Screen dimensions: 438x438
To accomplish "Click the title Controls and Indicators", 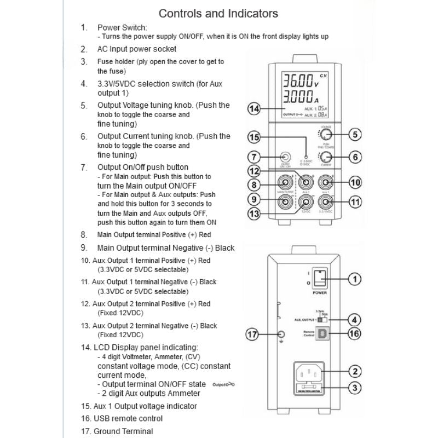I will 218,13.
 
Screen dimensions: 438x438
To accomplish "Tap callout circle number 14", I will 253,109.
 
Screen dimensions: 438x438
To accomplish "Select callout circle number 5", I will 354,134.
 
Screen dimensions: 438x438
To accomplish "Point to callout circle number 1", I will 354,279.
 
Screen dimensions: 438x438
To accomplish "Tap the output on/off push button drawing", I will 284,157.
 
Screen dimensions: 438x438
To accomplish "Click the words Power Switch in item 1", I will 122,27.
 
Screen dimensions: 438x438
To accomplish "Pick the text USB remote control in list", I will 130,419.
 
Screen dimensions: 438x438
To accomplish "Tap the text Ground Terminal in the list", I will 125,432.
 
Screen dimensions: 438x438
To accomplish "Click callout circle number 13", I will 253,214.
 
